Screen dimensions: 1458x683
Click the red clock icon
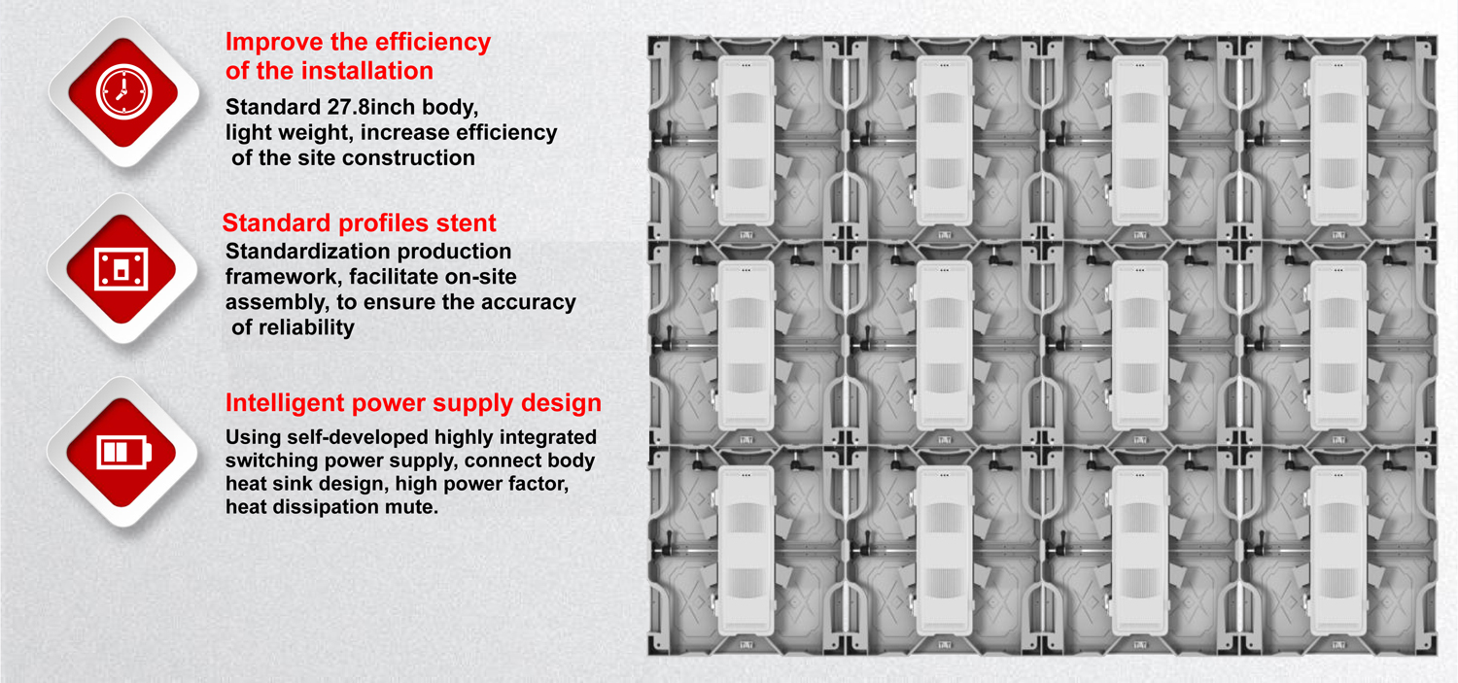123,92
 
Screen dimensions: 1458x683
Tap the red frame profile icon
121,269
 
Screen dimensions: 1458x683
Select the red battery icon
121,452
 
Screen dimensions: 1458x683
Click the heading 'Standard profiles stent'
360,223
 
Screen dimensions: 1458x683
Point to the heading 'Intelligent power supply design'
413,403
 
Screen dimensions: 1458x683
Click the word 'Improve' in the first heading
274,43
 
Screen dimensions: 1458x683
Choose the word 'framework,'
284,277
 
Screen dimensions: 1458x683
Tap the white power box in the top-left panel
746,141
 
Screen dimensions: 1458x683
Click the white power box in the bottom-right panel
1338,551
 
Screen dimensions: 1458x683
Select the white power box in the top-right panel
1338,141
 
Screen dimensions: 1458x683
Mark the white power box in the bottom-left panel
746,551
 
